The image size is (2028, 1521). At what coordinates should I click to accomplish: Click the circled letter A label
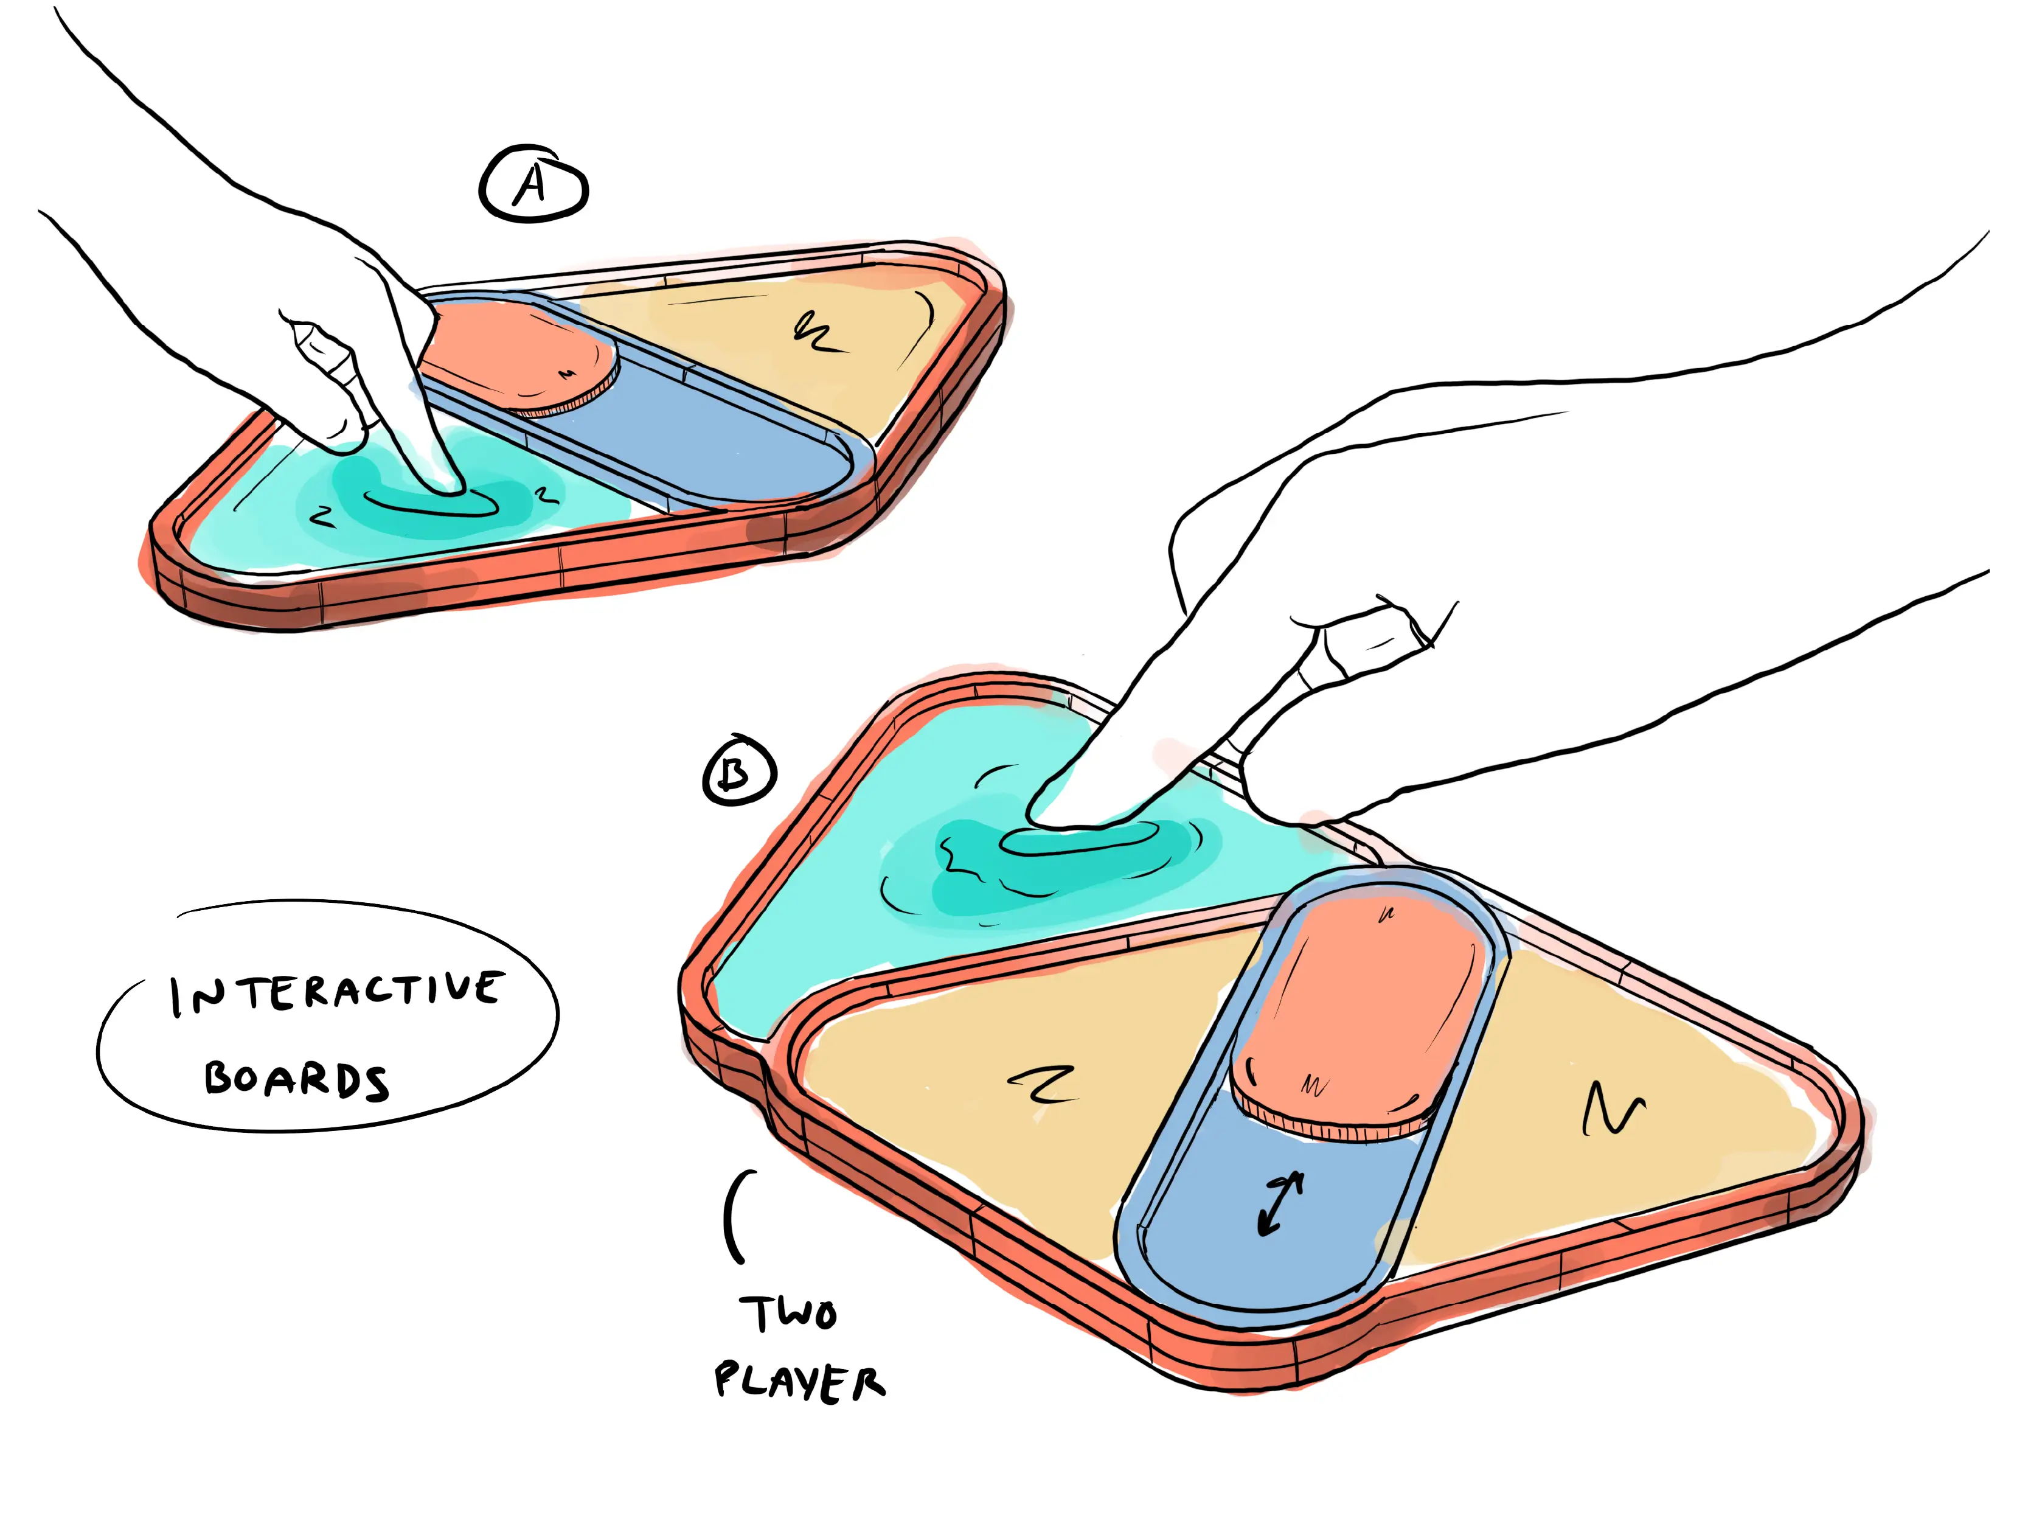(x=533, y=184)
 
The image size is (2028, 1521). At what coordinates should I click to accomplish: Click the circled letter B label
(x=739, y=770)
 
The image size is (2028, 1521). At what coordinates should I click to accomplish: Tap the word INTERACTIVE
(x=336, y=993)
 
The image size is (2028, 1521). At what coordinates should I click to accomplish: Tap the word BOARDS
(x=296, y=1079)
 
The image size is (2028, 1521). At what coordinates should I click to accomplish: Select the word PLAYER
(x=799, y=1382)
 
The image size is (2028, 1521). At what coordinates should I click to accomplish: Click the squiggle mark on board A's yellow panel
(x=815, y=332)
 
